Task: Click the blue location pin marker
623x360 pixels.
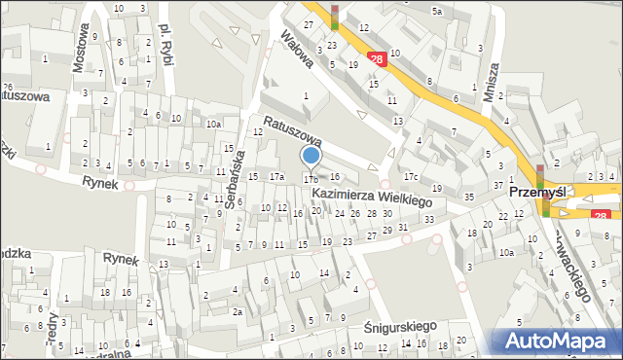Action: point(311,157)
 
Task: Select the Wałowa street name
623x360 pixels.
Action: point(295,48)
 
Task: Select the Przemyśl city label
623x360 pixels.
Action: point(538,193)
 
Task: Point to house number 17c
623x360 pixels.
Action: point(411,176)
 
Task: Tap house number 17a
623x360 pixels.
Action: point(276,176)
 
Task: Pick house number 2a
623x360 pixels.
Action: point(237,311)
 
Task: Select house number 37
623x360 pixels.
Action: point(498,185)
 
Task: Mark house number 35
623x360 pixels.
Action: point(468,197)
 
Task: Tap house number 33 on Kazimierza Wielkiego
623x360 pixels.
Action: point(429,219)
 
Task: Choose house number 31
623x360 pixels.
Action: point(402,227)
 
